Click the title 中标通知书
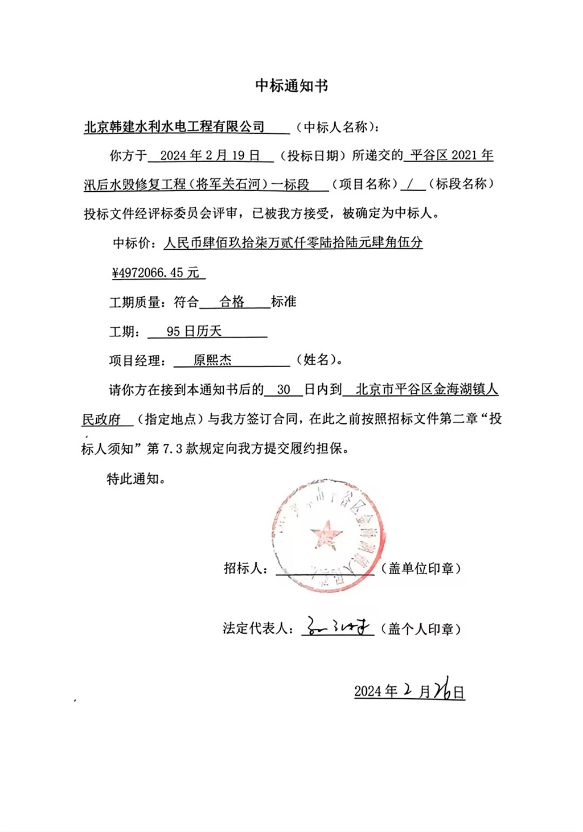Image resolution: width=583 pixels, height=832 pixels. (291, 86)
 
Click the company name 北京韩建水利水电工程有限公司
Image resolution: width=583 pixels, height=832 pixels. (174, 126)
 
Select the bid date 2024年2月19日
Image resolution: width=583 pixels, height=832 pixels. (210, 155)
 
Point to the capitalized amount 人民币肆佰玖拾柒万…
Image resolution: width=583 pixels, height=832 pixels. (293, 243)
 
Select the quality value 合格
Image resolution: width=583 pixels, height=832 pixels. (232, 302)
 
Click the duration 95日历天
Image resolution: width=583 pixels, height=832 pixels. (194, 331)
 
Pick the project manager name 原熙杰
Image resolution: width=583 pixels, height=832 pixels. (212, 360)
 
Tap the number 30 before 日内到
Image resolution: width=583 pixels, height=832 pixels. (284, 390)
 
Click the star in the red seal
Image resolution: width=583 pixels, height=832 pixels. (326, 535)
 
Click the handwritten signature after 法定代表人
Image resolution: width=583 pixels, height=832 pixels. (338, 627)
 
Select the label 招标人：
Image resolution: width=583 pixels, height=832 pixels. (247, 568)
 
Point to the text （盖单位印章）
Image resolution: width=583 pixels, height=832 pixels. (421, 568)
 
